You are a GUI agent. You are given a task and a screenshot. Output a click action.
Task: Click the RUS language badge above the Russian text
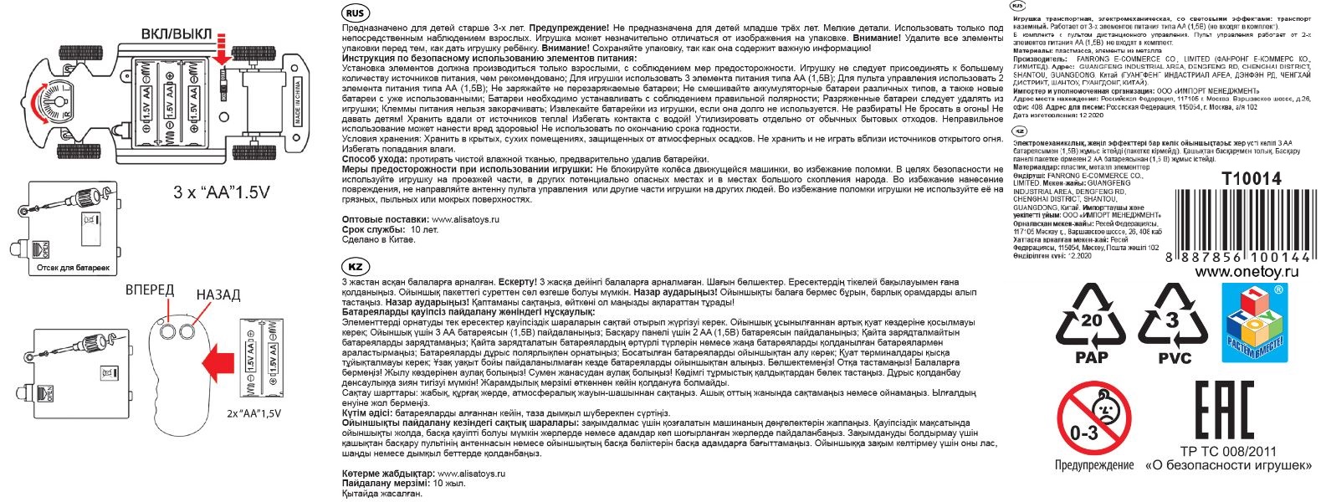pos(355,13)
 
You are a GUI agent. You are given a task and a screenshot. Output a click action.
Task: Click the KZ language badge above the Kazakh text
pos(355,267)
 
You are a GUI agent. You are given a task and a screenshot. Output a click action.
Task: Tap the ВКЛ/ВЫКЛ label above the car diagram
pos(177,34)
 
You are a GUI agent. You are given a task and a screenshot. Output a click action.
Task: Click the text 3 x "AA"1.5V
pos(222,192)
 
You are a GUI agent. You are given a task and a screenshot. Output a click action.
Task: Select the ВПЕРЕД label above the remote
pos(150,290)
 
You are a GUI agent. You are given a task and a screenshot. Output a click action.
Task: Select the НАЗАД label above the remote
pos(218,295)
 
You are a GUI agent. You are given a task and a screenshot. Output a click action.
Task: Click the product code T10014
pos(1251,178)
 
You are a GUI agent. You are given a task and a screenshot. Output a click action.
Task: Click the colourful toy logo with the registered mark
pos(1254,322)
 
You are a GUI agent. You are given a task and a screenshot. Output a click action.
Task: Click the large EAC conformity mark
pos(1223,410)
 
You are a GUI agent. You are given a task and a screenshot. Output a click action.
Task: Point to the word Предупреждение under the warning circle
pos(1093,465)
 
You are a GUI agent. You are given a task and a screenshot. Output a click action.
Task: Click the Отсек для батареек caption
pos(73,268)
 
